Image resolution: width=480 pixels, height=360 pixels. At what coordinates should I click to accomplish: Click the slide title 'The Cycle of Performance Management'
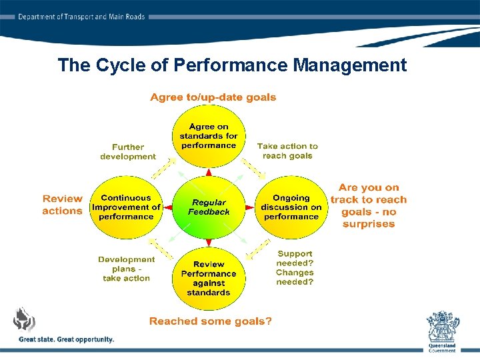(x=232, y=65)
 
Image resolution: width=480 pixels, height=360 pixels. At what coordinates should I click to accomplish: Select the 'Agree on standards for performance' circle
(x=209, y=136)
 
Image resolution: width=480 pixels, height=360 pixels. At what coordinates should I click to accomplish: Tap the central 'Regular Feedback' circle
(x=209, y=207)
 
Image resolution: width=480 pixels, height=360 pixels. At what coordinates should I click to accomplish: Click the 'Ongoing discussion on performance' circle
(x=291, y=207)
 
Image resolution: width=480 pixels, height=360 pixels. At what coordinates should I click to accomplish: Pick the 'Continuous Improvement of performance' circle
(x=126, y=207)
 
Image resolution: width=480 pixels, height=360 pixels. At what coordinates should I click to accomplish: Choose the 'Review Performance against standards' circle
(x=209, y=278)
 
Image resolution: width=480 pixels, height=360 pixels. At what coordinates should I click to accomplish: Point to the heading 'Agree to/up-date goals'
(x=213, y=97)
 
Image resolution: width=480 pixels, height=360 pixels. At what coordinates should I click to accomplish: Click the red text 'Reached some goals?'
(x=210, y=321)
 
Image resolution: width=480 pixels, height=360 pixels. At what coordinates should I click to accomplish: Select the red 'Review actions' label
(x=62, y=205)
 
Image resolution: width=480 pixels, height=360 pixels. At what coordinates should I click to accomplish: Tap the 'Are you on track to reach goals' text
(x=368, y=206)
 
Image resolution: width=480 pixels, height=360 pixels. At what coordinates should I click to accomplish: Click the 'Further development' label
(x=128, y=151)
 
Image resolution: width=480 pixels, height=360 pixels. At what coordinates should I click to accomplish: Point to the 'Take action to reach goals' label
(x=287, y=151)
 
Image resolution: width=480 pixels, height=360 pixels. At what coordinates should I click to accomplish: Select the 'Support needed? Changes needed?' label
(x=294, y=268)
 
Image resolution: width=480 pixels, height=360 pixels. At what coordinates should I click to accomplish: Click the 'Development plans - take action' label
(x=126, y=269)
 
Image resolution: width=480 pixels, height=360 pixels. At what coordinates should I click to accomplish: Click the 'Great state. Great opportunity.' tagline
(x=67, y=339)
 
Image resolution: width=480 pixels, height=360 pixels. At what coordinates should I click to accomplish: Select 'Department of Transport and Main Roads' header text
(x=81, y=17)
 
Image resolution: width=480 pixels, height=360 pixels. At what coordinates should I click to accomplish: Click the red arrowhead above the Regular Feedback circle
(x=209, y=173)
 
